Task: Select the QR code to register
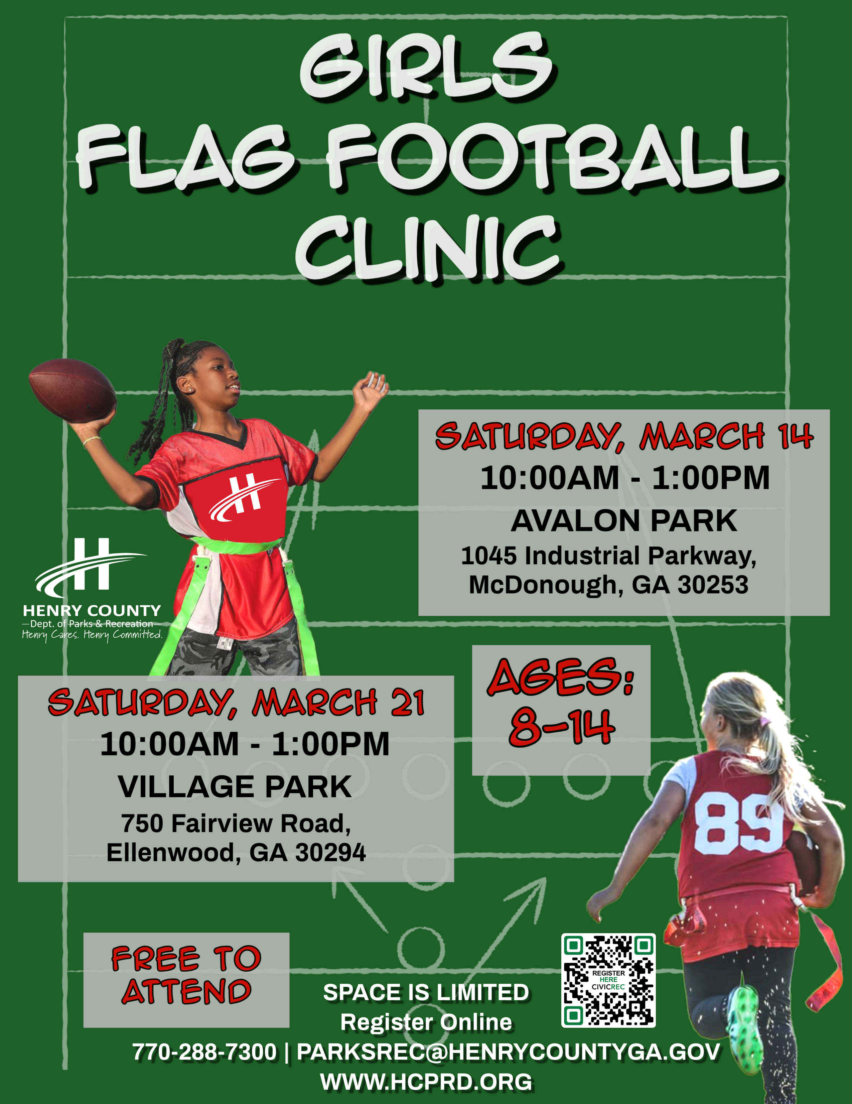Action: (608, 980)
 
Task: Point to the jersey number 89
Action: (739, 823)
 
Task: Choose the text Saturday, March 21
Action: (236, 703)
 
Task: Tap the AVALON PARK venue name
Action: (624, 521)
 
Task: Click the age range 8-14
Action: (562, 727)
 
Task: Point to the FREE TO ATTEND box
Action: (186, 980)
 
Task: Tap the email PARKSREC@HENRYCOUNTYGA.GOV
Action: (509, 1052)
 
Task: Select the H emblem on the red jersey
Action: (245, 498)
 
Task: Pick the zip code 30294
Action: (330, 853)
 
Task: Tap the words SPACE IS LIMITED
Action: (426, 992)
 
